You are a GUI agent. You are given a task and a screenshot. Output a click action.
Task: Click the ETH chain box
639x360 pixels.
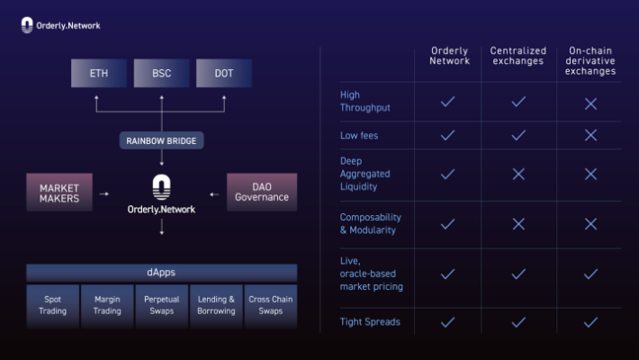pos(99,73)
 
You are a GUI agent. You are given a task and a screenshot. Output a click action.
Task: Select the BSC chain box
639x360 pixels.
pos(161,73)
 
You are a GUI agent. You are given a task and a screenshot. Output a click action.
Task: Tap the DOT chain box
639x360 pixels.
pos(224,73)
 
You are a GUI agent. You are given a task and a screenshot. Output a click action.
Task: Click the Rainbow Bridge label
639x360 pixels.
pos(161,140)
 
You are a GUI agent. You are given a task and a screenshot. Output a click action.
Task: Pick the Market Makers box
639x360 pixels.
pos(59,192)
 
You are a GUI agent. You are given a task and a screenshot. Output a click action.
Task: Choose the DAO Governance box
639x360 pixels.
pos(262,192)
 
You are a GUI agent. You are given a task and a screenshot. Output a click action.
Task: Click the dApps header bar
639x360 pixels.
pos(162,273)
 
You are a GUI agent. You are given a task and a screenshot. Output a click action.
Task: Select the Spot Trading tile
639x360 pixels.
pos(52,305)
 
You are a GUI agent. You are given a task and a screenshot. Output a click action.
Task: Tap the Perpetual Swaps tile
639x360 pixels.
pos(162,305)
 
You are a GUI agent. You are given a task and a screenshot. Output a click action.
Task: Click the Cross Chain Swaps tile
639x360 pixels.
pos(271,305)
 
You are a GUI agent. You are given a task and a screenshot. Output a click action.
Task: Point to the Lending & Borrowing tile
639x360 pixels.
pos(216,305)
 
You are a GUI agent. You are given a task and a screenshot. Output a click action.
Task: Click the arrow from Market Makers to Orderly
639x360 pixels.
pos(104,194)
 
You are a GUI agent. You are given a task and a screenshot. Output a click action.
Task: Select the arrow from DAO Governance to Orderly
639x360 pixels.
pos(214,194)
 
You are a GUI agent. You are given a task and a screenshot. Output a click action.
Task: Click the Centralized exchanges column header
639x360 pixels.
pos(518,56)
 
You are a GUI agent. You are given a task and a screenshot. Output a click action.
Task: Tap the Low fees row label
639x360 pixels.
pos(359,135)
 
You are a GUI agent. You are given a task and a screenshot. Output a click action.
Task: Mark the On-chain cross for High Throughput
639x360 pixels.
pos(590,103)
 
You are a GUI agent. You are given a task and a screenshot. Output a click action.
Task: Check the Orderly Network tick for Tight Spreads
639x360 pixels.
pos(447,322)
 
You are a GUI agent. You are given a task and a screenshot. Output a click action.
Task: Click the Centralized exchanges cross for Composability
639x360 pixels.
pos(518,224)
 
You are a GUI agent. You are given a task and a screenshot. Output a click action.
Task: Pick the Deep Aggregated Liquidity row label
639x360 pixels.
pos(364,174)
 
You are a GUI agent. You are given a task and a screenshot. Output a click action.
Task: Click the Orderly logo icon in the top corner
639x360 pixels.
pos(27,25)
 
